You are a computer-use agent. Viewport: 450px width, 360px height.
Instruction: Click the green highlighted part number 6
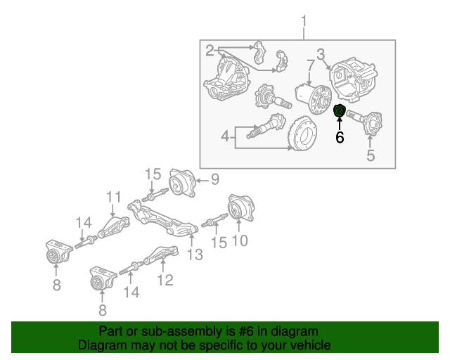click(340, 111)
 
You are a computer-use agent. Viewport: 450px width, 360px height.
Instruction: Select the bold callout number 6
click(340, 138)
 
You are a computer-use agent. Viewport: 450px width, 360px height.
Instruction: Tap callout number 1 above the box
click(304, 22)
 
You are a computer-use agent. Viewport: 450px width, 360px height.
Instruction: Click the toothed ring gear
click(302, 134)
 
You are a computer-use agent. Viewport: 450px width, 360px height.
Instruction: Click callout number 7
click(311, 65)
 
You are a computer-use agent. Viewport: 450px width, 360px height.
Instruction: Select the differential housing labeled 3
click(353, 80)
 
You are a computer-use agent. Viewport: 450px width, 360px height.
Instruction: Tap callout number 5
click(371, 155)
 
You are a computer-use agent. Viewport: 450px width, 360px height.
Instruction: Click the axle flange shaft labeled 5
click(364, 122)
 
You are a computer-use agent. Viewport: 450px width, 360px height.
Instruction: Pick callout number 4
click(225, 136)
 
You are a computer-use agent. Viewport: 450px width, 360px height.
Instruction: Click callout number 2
click(210, 51)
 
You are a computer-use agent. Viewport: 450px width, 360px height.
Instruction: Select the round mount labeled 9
click(182, 183)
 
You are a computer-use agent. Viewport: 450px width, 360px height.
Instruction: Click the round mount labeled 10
click(241, 208)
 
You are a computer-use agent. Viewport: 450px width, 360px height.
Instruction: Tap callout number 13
click(195, 255)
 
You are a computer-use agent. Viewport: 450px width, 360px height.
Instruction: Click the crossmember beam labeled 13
click(162, 219)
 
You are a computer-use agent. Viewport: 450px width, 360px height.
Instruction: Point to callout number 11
click(114, 198)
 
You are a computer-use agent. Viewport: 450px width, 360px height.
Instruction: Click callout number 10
click(240, 240)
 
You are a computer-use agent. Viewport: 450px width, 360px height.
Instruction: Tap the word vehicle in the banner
click(313, 345)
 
